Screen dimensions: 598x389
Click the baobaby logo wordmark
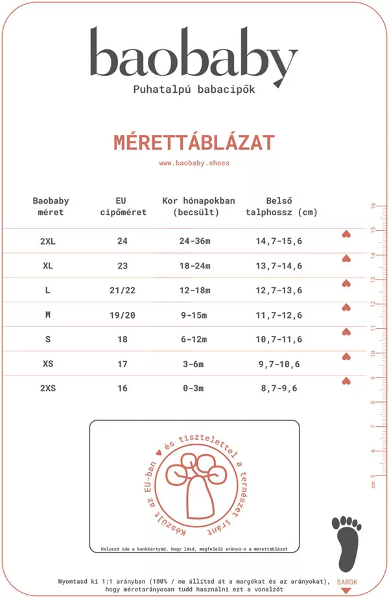193,56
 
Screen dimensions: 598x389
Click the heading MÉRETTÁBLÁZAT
194,143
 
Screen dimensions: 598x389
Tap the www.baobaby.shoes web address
194,163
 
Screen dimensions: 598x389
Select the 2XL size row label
48,241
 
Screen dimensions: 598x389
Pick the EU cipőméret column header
122,206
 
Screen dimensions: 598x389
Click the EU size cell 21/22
123,291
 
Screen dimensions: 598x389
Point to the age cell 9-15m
193,315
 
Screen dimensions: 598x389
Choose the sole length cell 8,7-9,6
279,389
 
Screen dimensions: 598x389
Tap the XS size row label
48,364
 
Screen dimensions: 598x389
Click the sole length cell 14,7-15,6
279,241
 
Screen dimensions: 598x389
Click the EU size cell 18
123,340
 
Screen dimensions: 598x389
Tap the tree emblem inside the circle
194,483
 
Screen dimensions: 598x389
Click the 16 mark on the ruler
373,207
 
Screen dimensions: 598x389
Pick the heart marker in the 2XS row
346,381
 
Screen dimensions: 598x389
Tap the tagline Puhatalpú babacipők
194,89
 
